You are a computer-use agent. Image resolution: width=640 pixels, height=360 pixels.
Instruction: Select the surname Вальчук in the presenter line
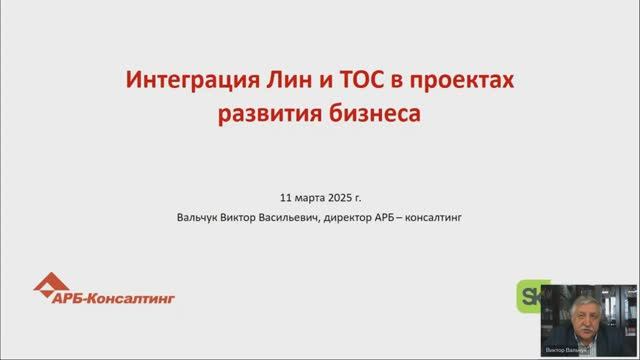(196, 215)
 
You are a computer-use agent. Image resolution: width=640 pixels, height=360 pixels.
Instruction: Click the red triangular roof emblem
(50, 285)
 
